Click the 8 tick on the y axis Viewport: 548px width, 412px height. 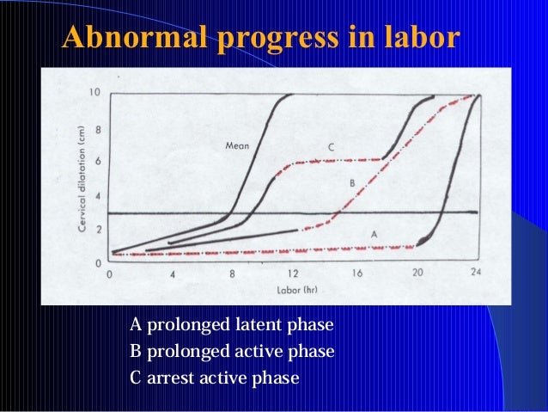98,131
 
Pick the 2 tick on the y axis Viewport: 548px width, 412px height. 98,230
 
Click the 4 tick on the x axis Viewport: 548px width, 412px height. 173,274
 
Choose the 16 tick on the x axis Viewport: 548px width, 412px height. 355,274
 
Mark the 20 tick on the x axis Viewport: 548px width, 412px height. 416,274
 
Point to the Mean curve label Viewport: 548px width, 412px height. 237,146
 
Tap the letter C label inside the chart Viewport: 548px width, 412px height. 331,148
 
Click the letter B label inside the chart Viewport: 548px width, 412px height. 351,183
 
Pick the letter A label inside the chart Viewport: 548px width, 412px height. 373,234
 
